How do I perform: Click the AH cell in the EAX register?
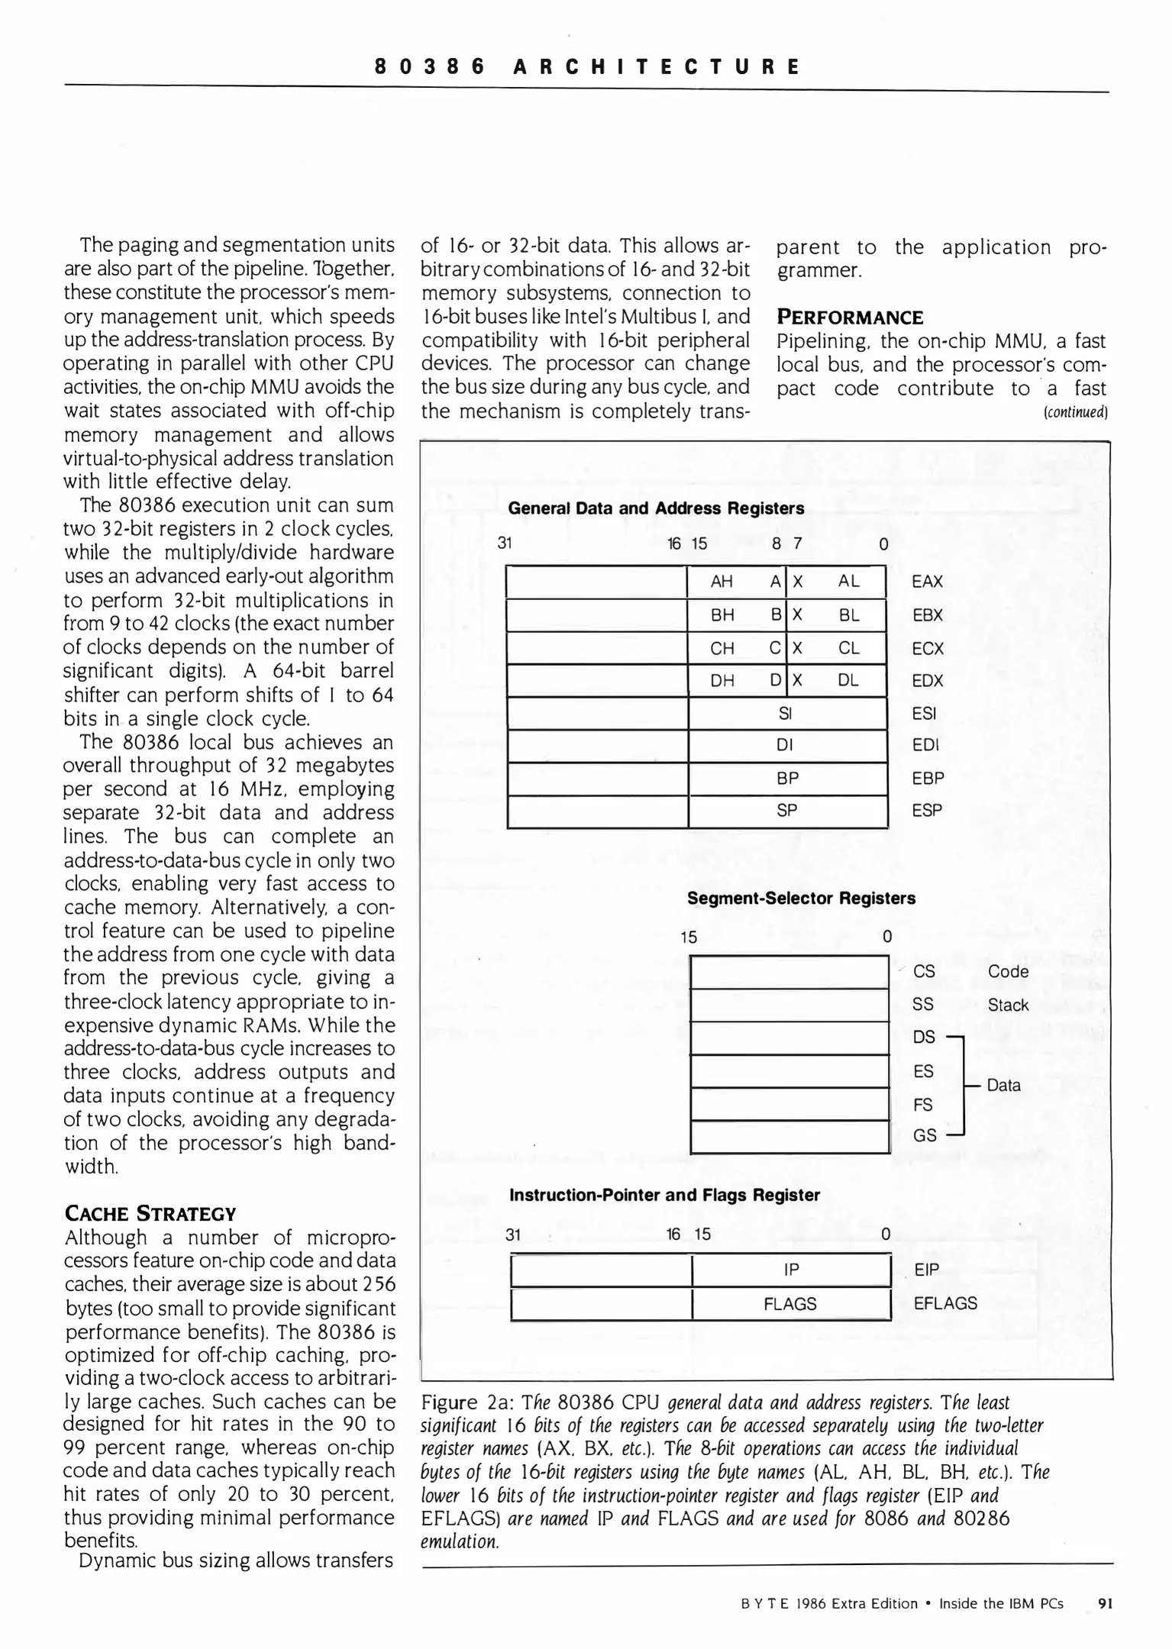pyautogui.click(x=722, y=582)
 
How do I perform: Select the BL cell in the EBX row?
pyautogui.click(x=848, y=615)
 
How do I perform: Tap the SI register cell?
pyautogui.click(x=785, y=713)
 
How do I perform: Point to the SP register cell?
pyautogui.click(x=786, y=811)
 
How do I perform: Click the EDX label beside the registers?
pyautogui.click(x=928, y=681)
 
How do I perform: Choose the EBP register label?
pyautogui.click(x=928, y=779)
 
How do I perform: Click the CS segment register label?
pyautogui.click(x=924, y=972)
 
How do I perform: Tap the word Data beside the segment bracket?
pyautogui.click(x=1003, y=1086)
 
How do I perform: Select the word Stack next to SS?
pyautogui.click(x=1008, y=1005)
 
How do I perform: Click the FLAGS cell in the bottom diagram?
pyautogui.click(x=790, y=1305)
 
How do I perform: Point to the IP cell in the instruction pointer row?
pyautogui.click(x=791, y=1270)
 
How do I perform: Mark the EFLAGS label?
pyautogui.click(x=945, y=1304)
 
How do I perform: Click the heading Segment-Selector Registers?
pyautogui.click(x=801, y=899)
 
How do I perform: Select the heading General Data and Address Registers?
pyautogui.click(x=656, y=508)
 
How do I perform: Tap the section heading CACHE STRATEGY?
pyautogui.click(x=150, y=1215)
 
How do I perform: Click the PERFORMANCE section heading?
pyautogui.click(x=850, y=318)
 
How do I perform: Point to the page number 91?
pyautogui.click(x=1105, y=1604)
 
